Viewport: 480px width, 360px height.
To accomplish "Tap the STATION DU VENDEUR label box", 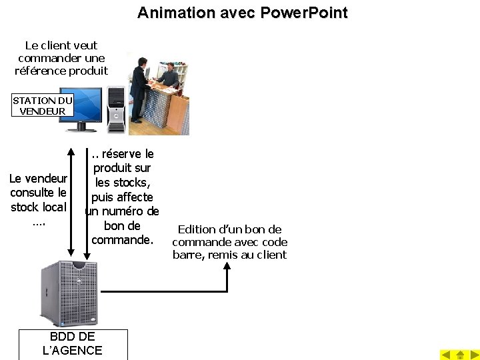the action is coord(43,105).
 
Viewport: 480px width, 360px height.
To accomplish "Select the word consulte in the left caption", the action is coord(38,193).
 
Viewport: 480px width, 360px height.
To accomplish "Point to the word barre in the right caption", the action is coord(189,255).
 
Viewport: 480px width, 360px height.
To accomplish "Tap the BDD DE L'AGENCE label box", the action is coord(73,344).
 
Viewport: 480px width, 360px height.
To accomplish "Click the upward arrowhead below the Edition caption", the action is coord(227,266).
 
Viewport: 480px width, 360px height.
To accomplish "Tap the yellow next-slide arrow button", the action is coord(473,355).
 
